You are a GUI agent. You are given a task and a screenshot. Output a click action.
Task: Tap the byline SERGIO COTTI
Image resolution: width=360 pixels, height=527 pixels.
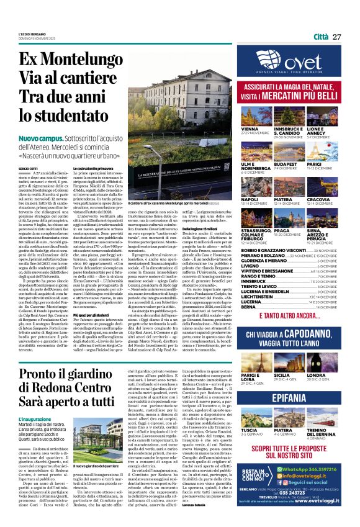(27, 169)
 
